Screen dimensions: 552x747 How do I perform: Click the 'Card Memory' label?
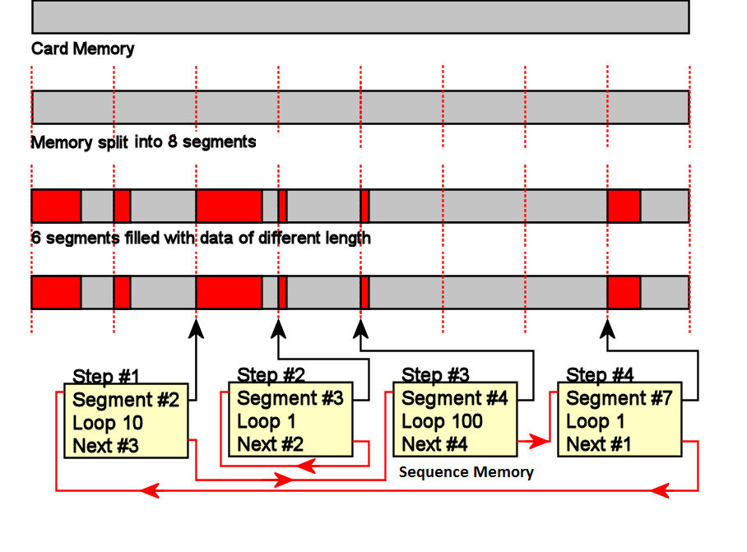click(x=82, y=49)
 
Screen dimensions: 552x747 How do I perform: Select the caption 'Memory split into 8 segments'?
click(x=143, y=141)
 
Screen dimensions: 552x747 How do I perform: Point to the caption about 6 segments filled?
click(x=201, y=239)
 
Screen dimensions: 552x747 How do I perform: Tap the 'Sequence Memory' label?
click(x=466, y=472)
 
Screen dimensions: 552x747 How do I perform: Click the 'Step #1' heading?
click(x=106, y=377)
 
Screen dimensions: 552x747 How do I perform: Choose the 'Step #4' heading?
click(x=601, y=375)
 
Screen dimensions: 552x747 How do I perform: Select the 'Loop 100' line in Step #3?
click(x=443, y=422)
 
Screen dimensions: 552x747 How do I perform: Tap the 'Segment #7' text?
click(x=619, y=399)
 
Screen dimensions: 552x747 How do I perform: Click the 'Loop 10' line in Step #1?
click(x=108, y=424)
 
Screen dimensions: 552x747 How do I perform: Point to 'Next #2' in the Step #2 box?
click(x=271, y=444)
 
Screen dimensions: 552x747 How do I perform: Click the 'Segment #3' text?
click(x=290, y=399)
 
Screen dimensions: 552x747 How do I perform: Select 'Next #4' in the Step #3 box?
click(x=435, y=444)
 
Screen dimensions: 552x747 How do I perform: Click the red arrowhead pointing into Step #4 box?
click(x=540, y=441)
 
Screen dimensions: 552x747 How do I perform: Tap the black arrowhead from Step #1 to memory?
click(x=196, y=328)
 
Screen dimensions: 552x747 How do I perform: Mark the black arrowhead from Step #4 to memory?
click(x=607, y=328)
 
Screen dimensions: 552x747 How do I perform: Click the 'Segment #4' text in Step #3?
click(x=455, y=399)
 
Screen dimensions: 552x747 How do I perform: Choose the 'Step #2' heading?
click(x=271, y=375)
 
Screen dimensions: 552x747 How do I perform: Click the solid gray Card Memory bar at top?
click(x=360, y=16)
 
